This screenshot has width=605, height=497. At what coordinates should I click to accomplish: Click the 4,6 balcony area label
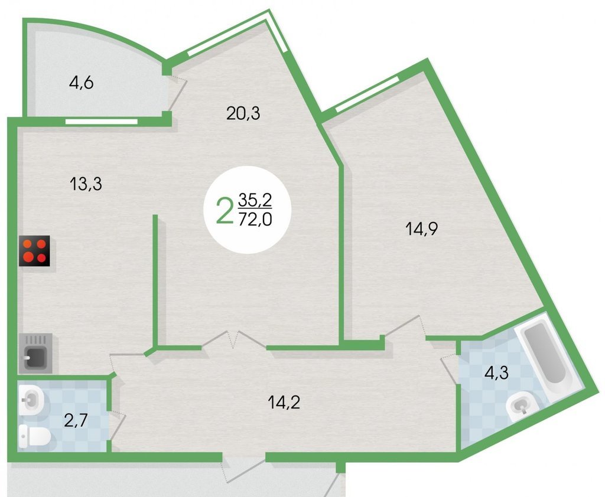pyautogui.click(x=81, y=83)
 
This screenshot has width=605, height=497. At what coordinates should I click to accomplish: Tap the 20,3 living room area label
pyautogui.click(x=243, y=113)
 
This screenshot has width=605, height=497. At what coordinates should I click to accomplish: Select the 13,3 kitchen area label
pyautogui.click(x=86, y=184)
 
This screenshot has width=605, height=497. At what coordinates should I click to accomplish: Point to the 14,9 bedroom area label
pyautogui.click(x=421, y=228)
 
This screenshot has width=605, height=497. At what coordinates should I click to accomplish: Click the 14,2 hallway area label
pyautogui.click(x=284, y=403)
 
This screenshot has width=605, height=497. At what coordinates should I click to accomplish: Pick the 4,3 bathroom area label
pyautogui.click(x=496, y=373)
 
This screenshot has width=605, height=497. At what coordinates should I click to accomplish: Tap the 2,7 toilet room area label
pyautogui.click(x=76, y=420)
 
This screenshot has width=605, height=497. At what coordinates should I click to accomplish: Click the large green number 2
pyautogui.click(x=225, y=210)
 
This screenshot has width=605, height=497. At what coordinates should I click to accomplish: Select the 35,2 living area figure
pyautogui.click(x=255, y=200)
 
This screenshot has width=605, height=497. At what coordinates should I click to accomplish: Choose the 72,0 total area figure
pyautogui.click(x=255, y=220)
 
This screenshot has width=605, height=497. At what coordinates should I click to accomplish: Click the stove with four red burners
pyautogui.click(x=34, y=251)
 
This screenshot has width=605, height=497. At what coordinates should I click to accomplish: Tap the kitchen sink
pyautogui.click(x=35, y=353)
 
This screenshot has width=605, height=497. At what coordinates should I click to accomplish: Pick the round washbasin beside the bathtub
pyautogui.click(x=522, y=406)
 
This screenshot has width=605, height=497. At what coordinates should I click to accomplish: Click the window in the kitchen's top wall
pyautogui.click(x=102, y=122)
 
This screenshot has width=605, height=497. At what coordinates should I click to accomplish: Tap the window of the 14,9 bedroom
pyautogui.click(x=367, y=94)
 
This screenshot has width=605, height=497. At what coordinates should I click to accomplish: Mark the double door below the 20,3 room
pyautogui.click(x=234, y=339)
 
